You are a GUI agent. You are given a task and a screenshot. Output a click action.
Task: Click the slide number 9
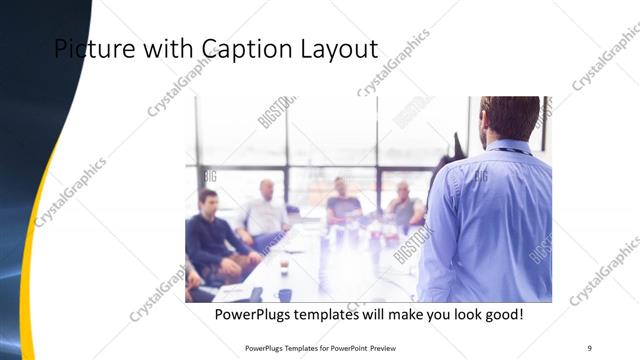[x=589, y=347]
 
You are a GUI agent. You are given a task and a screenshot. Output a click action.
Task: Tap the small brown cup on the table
[x=284, y=267]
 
